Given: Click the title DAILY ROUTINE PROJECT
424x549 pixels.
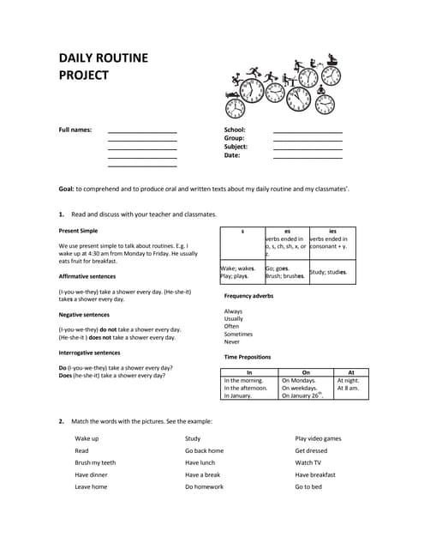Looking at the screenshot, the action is point(103,66).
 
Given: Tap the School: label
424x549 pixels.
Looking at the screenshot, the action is point(236,130).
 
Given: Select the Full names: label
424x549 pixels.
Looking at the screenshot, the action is point(75,130).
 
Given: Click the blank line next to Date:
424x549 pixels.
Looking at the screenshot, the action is point(308,158).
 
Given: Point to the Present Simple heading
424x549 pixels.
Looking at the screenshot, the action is point(78,231).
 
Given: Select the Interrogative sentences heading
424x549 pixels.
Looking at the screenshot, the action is point(89,353).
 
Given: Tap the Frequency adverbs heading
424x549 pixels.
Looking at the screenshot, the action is point(248,295).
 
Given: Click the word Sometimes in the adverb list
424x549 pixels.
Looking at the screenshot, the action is point(238,334).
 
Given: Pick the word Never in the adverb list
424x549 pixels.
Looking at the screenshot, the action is point(232,341).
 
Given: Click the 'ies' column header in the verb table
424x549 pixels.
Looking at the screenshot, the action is point(332,231).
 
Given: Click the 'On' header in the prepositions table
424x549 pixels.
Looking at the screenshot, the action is point(306,372).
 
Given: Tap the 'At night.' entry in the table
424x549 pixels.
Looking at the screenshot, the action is point(349,380).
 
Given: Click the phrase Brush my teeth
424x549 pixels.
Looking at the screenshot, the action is point(95,462).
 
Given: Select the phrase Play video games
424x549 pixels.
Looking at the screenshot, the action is point(318,438).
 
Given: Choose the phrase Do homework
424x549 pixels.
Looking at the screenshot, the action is point(204,486).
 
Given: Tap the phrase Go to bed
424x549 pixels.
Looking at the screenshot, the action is point(308,486).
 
